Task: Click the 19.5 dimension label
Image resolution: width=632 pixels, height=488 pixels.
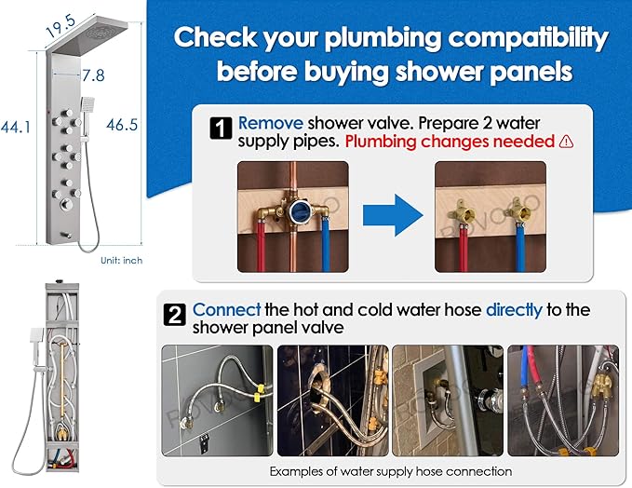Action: click(x=61, y=26)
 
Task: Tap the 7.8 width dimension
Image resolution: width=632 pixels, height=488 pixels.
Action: click(x=93, y=75)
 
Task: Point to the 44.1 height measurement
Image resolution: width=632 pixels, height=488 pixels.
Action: click(x=15, y=128)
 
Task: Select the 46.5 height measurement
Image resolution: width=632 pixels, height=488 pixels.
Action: click(x=122, y=125)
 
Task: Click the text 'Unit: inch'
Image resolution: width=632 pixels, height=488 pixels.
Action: click(x=121, y=261)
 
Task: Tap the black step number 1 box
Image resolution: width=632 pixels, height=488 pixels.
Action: click(x=221, y=129)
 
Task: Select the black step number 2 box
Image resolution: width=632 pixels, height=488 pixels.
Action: click(x=175, y=315)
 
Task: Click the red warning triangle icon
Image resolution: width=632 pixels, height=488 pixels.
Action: click(x=566, y=142)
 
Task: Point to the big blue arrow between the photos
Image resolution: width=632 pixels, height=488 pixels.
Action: click(x=393, y=215)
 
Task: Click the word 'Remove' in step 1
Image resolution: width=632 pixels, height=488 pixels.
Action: click(x=271, y=123)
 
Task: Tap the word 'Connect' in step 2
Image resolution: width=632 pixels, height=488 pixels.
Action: click(x=226, y=310)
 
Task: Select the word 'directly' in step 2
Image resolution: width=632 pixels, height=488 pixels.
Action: click(x=514, y=310)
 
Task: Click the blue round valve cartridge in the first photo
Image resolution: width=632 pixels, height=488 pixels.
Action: click(x=299, y=210)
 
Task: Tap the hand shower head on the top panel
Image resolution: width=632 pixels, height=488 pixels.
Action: click(x=87, y=103)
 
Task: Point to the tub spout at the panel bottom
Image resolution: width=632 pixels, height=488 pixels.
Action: click(x=66, y=235)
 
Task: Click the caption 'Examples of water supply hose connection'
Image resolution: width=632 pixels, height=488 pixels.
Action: click(x=391, y=471)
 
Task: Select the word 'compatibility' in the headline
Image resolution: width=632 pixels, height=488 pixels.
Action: click(x=528, y=38)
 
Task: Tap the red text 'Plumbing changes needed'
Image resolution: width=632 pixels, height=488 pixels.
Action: click(x=450, y=142)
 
